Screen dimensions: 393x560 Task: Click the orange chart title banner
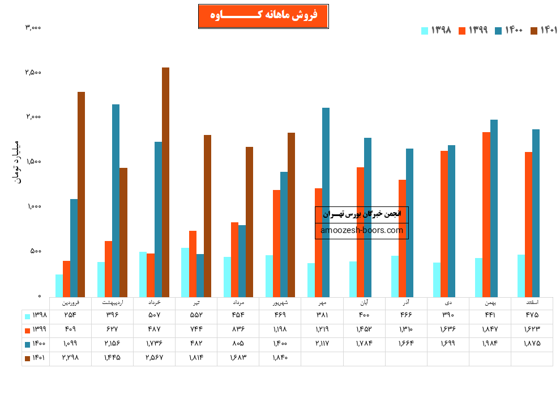263,16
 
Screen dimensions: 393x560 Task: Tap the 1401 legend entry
544,30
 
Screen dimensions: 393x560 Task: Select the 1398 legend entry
436,30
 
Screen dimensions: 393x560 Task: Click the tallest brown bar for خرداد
165,181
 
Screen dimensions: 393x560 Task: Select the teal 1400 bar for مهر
326,202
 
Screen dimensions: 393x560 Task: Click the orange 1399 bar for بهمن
486,214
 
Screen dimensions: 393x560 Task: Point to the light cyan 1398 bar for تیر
185,272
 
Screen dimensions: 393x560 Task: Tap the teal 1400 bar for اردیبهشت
116,200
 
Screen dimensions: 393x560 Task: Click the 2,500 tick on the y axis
33,73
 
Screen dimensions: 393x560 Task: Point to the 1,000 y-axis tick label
33,206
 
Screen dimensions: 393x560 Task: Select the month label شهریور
280,303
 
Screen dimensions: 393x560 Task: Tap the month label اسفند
532,303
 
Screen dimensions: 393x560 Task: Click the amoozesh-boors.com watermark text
362,230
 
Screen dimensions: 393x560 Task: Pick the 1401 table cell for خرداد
155,358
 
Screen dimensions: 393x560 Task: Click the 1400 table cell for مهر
322,344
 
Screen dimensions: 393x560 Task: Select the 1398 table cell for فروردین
71,315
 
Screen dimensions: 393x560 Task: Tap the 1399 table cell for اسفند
532,329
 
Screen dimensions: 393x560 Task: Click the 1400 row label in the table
36,344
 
